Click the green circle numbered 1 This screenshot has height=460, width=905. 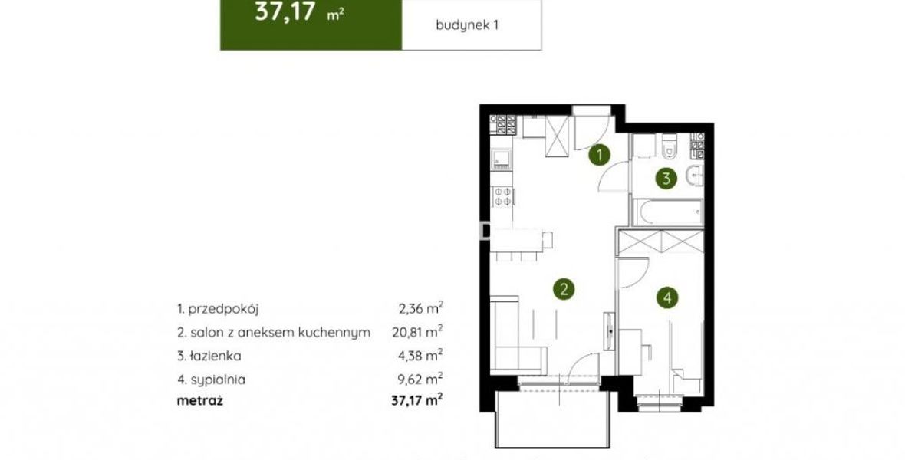point(601,155)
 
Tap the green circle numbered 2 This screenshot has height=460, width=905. point(563,288)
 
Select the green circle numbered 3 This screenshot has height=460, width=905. point(666,179)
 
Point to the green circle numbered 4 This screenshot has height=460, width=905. point(667,297)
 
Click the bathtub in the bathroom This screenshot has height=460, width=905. point(667,213)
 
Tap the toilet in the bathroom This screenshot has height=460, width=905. point(670,146)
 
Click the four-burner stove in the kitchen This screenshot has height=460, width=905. point(502,196)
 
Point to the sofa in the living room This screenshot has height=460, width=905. point(518,335)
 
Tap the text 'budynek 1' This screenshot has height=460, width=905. point(467,25)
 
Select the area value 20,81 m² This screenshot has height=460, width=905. point(415,332)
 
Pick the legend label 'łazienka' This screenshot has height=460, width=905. point(214,356)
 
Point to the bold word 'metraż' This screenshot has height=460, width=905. point(199,400)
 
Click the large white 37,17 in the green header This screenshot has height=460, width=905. point(285,12)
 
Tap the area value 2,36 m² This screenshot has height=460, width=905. point(421,308)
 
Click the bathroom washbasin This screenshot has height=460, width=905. point(695,176)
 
